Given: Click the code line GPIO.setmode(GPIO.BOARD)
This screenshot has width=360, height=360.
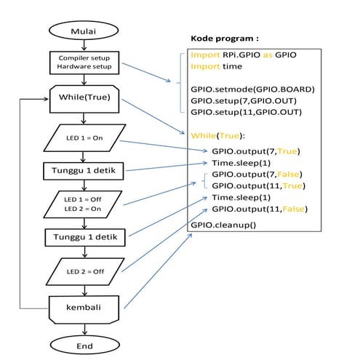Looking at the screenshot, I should (x=252, y=89).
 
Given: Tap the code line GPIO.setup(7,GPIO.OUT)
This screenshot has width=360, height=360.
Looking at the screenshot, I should (x=247, y=101).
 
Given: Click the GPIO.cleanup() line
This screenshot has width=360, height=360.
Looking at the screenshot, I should (x=225, y=225).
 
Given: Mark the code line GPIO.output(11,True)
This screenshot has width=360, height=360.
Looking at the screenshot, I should (x=257, y=186).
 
